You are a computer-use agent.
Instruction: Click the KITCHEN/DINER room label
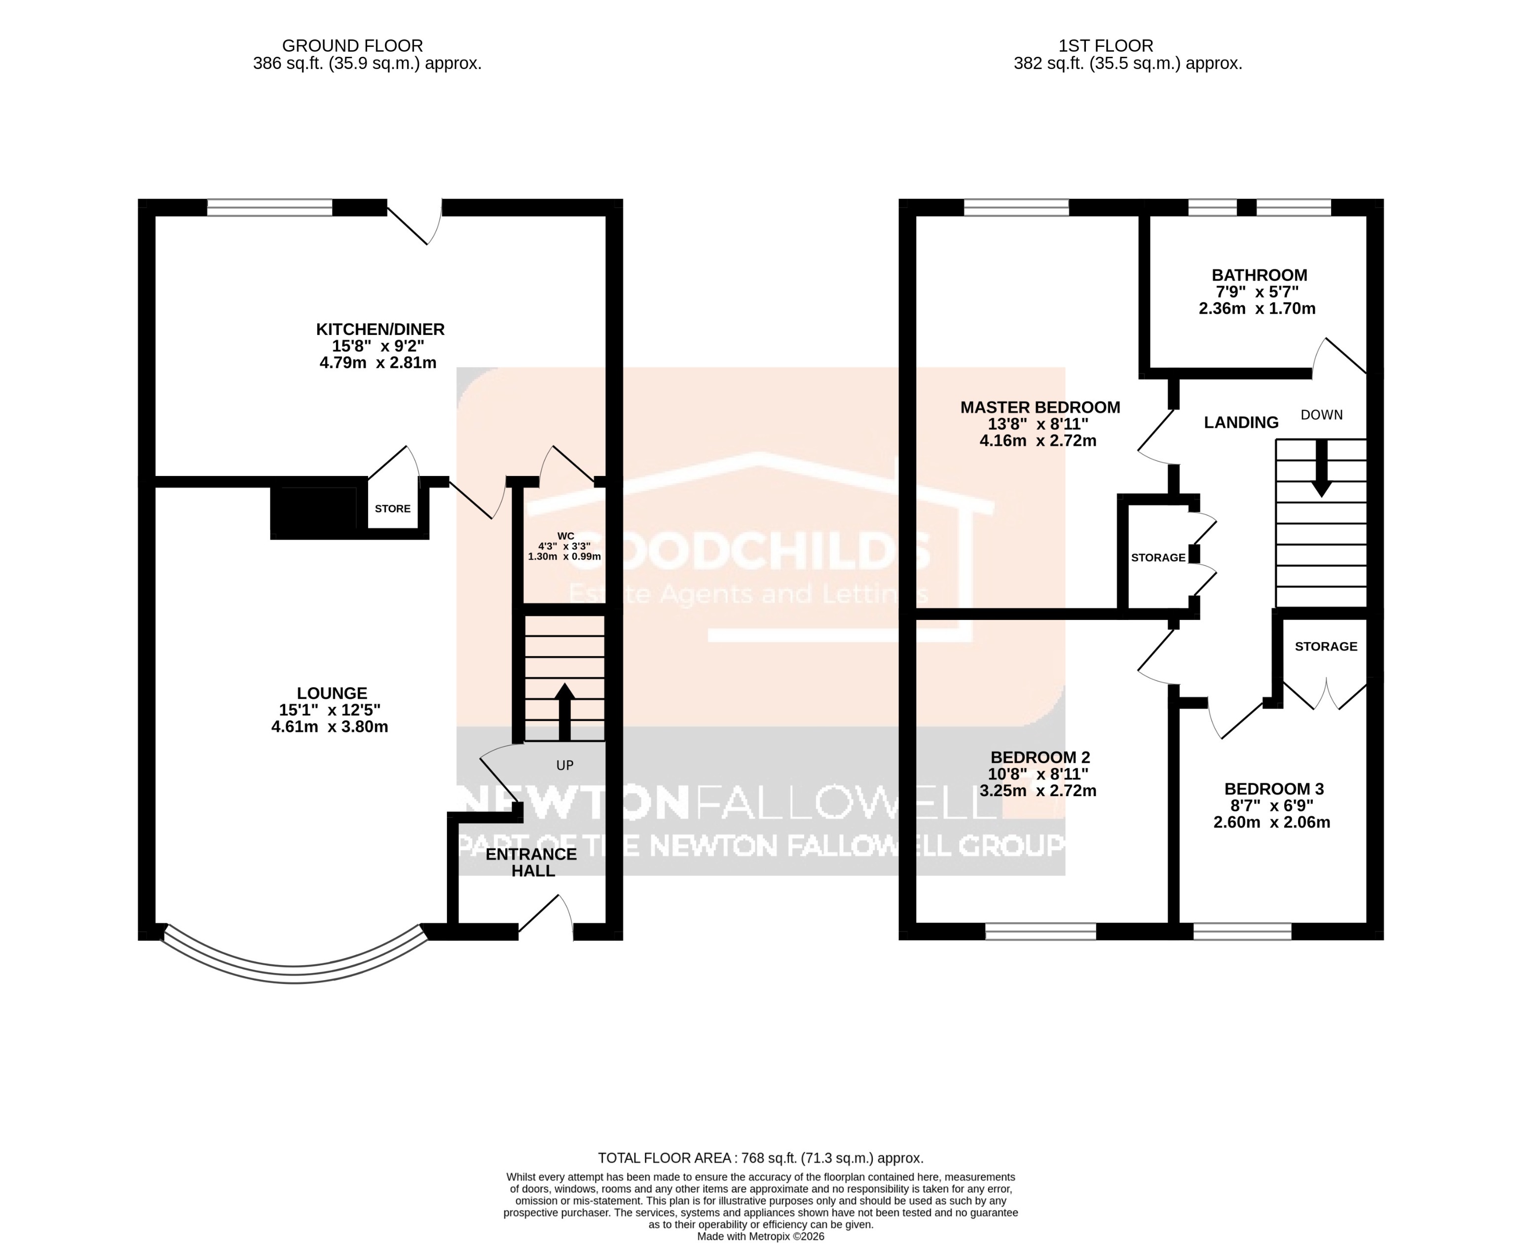(380, 329)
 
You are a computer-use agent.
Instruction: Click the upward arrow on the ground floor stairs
(564, 710)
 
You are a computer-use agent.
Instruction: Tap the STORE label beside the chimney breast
(393, 509)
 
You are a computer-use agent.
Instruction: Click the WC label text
(565, 536)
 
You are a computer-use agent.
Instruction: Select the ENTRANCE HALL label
(531, 862)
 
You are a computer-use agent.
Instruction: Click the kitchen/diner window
(270, 208)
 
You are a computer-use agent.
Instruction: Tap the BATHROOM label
(1259, 275)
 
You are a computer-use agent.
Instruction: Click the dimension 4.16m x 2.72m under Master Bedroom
(1038, 441)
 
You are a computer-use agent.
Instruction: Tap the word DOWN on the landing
(1322, 414)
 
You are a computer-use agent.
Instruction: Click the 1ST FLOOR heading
(1106, 46)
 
